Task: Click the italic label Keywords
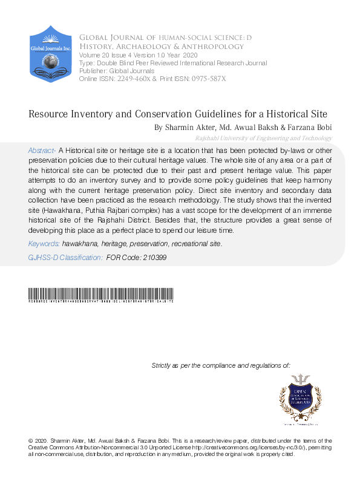click(x=44, y=244)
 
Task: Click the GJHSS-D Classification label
click(x=65, y=258)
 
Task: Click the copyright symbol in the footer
click(x=31, y=441)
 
